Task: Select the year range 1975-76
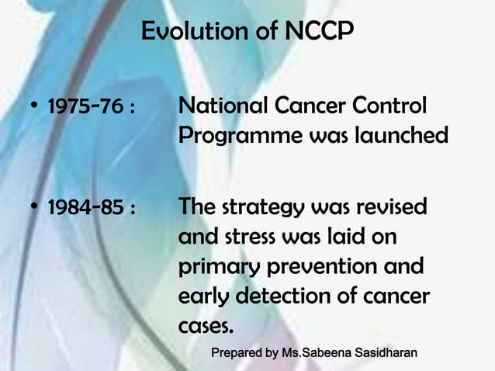(x=85, y=106)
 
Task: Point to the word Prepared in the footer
(x=237, y=354)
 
